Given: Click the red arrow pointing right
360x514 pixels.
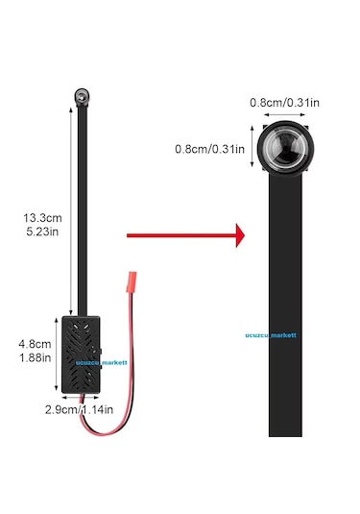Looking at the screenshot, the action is tap(185, 235).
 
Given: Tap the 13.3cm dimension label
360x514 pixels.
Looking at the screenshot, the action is tap(42, 218).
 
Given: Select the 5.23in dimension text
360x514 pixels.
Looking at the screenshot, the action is tap(42, 232).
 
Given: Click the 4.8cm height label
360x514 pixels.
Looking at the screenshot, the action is tap(35, 344).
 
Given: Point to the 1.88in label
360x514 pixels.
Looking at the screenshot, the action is tap(35, 357).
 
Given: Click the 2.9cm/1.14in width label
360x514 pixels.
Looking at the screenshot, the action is tap(80, 409).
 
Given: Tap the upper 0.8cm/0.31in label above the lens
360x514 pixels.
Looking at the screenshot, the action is tap(284, 103).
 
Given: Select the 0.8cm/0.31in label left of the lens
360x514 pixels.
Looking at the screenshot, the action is tap(209, 149).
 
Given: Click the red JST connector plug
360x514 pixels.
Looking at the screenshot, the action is tap(132, 281).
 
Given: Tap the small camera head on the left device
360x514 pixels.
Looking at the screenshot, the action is tap(82, 97).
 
